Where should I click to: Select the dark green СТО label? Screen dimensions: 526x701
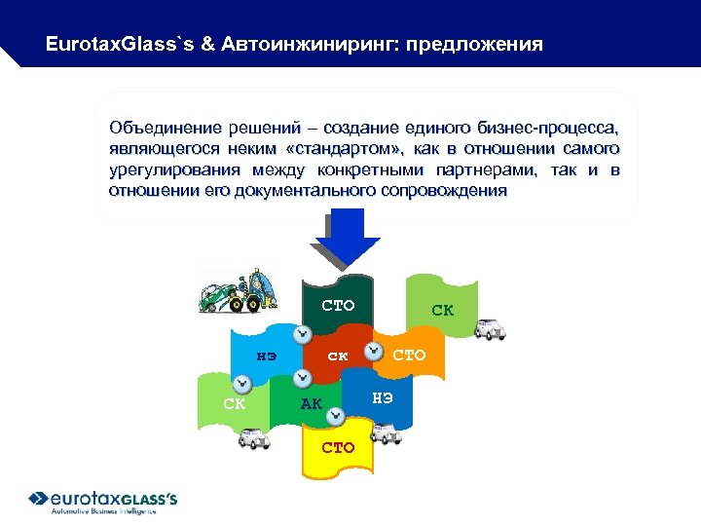(x=338, y=307)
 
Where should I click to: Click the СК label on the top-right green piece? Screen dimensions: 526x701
(x=442, y=311)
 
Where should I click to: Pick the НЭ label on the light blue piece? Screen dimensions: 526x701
(x=266, y=356)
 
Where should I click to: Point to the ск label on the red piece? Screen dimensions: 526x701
(x=338, y=357)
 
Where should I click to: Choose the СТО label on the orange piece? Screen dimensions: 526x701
(x=409, y=356)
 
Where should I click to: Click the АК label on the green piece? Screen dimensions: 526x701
(x=311, y=403)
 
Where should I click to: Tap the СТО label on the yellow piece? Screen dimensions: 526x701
(x=338, y=448)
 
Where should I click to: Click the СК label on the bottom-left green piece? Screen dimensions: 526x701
(x=234, y=403)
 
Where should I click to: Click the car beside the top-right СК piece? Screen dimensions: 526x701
(x=489, y=328)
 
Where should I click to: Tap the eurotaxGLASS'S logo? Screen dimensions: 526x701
(x=102, y=501)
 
